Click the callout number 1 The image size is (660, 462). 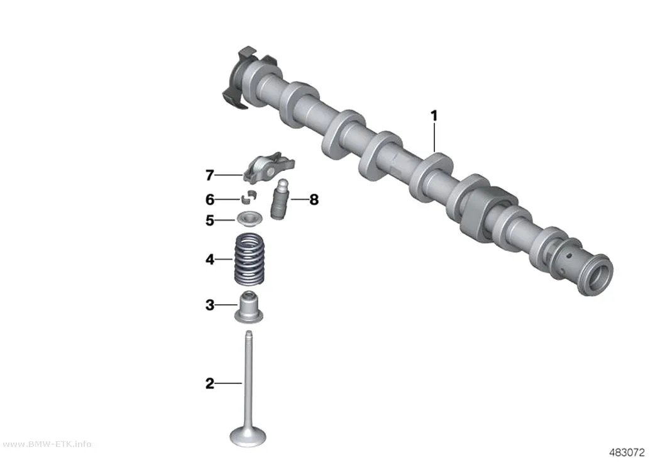click(434, 116)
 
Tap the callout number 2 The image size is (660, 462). click(209, 383)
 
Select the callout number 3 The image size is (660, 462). click(209, 305)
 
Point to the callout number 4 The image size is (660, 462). click(209, 259)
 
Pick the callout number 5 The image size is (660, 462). click(209, 220)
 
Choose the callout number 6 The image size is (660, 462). click(209, 199)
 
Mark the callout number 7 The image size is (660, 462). click(209, 175)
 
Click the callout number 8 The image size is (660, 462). click(314, 199)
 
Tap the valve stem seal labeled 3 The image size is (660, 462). click(249, 307)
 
